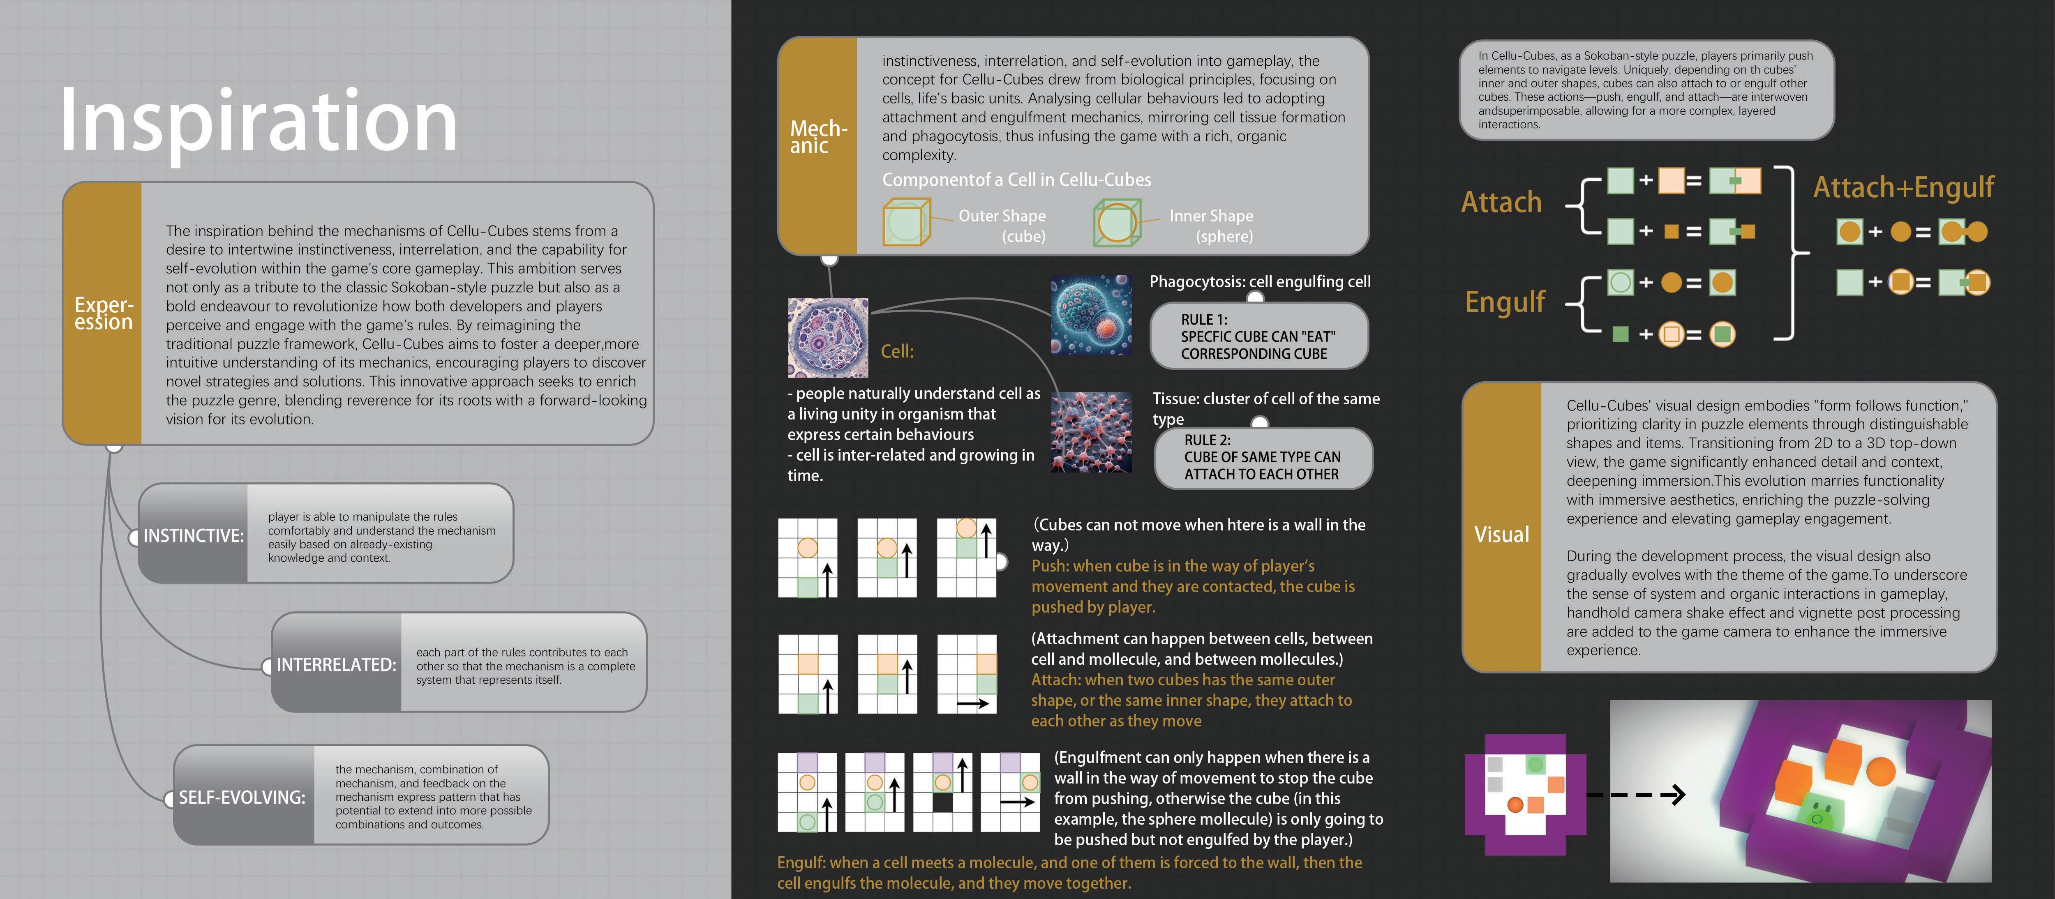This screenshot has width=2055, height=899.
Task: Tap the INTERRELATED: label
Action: (x=336, y=664)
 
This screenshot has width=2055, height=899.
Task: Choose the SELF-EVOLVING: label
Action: (x=242, y=797)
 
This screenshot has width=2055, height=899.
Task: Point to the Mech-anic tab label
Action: (x=818, y=137)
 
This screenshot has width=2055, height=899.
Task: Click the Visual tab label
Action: (x=1501, y=535)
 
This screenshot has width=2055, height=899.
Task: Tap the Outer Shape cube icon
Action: (x=906, y=222)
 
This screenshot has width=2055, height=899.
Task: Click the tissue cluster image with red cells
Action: (x=1090, y=431)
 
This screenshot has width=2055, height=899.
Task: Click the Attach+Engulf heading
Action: (x=1903, y=187)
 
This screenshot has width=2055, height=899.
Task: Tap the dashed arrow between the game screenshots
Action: (x=1635, y=795)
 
